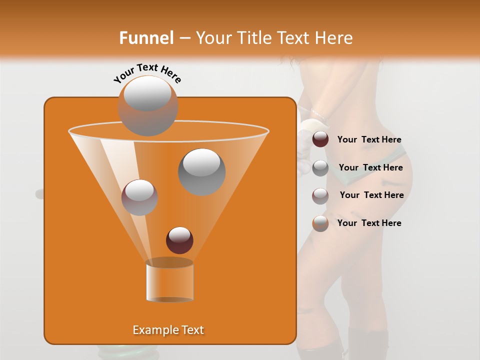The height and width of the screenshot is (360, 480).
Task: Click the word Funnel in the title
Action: tap(146, 38)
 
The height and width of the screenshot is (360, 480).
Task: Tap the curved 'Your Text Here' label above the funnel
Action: tap(147, 73)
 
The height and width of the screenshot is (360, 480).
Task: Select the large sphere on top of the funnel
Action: tap(148, 105)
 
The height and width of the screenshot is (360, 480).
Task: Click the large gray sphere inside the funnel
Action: tap(202, 171)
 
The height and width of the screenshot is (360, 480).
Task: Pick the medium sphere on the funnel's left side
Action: tap(139, 197)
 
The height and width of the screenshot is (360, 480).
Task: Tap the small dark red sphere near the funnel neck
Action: tap(179, 240)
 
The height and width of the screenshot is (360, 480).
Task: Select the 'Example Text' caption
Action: tap(168, 330)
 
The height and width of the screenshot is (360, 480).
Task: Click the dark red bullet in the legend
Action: tap(320, 139)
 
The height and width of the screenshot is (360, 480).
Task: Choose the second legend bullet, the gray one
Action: tap(320, 167)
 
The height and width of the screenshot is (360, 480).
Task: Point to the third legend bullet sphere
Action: tap(320, 195)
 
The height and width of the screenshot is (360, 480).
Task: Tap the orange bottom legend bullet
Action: tap(320, 223)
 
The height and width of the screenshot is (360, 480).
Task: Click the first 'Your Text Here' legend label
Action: tap(369, 139)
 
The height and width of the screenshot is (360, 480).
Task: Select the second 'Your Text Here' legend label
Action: tap(370, 167)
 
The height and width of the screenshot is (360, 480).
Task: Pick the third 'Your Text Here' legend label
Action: tap(371, 195)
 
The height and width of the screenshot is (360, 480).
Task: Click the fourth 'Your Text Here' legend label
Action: tap(369, 223)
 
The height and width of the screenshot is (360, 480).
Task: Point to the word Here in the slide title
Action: tap(334, 38)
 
